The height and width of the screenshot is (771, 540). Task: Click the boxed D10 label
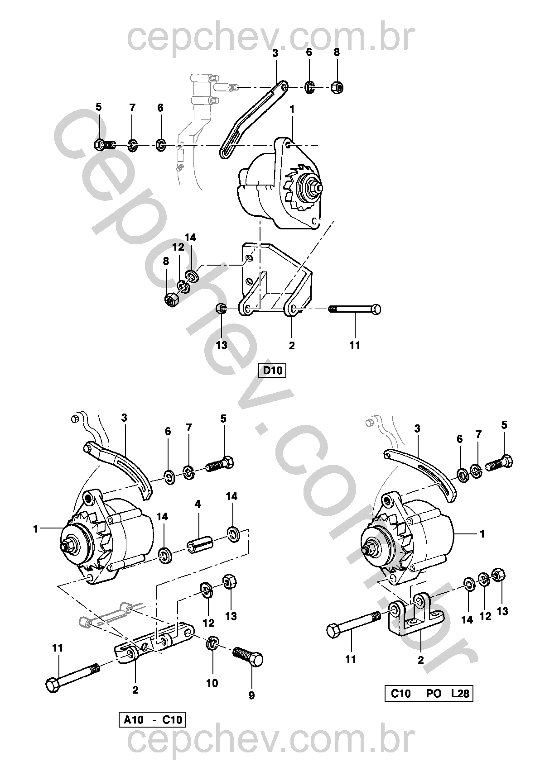[x=272, y=371]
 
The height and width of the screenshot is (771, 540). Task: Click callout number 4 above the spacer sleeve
[x=198, y=504]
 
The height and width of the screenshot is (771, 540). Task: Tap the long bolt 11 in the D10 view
[x=355, y=309]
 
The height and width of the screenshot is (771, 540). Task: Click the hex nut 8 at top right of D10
[x=337, y=87]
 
